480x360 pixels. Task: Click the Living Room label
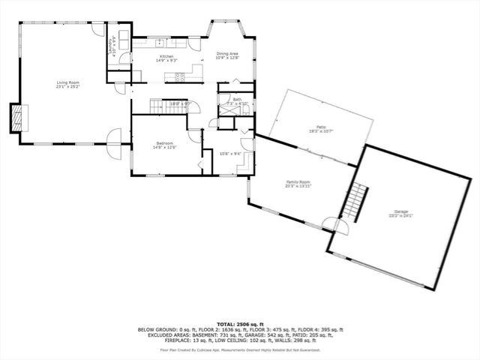pos(67,85)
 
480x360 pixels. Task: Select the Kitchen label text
pos(166,57)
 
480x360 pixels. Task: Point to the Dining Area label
pos(227,55)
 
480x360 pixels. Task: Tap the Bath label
pos(237,100)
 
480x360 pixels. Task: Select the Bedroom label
pos(165,144)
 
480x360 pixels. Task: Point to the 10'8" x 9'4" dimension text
pos(229,154)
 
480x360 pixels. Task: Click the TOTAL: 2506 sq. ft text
pos(239,322)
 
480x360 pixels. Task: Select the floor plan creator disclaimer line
pos(239,349)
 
